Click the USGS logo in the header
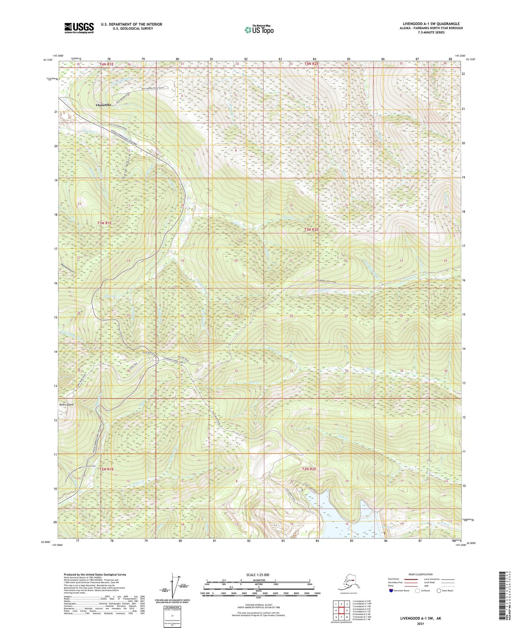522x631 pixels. coord(79,28)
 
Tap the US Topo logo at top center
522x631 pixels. coord(259,29)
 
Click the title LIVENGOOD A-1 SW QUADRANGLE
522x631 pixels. coord(431,24)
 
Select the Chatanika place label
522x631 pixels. coord(103,105)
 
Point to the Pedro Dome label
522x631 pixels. coord(66,405)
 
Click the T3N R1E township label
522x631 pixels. coord(105,224)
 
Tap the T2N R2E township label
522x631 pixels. coord(309,469)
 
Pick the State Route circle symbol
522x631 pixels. coord(439,591)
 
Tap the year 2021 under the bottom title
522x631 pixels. coord(420,623)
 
